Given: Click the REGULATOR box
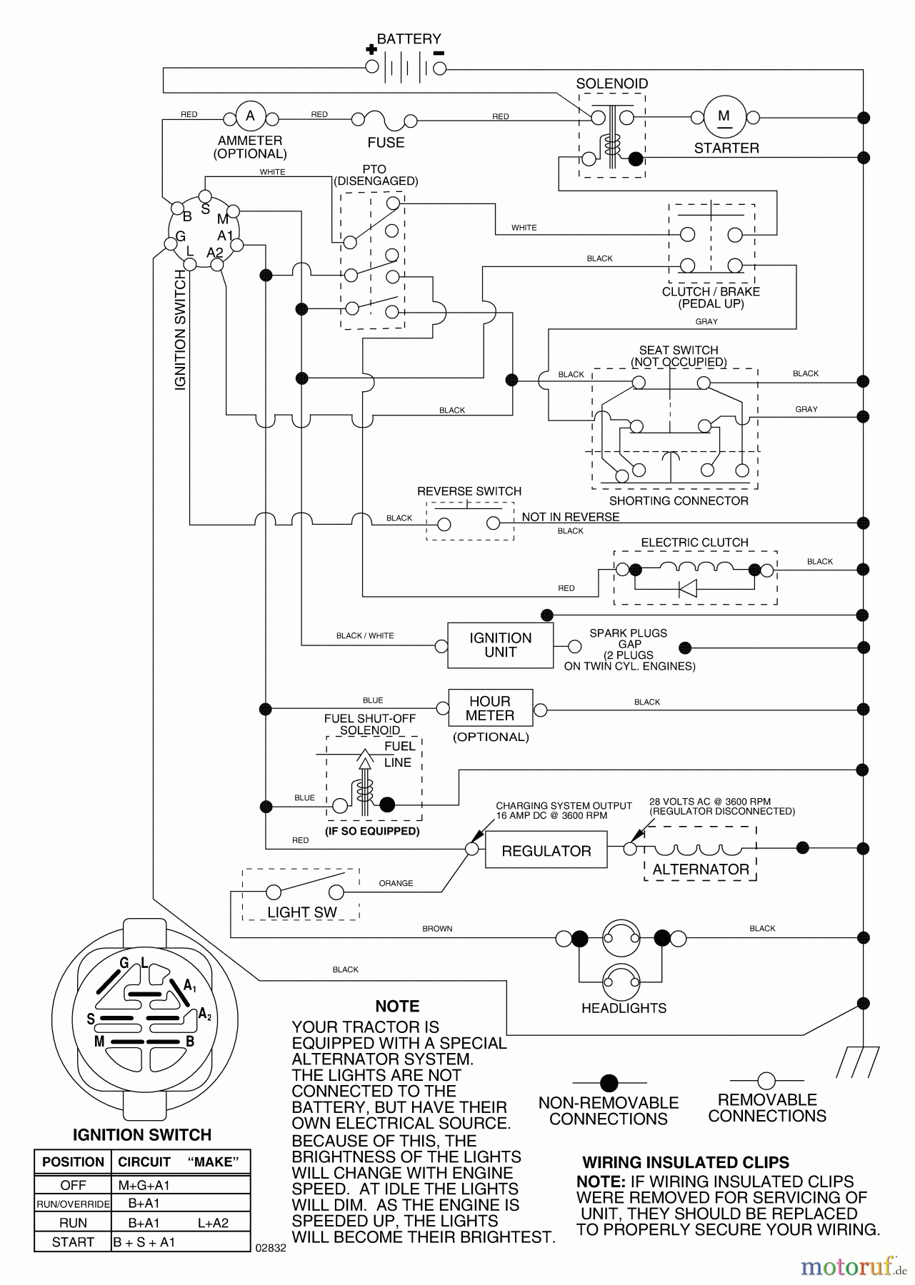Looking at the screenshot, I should (546, 851).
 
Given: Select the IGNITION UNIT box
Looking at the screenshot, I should (500, 645).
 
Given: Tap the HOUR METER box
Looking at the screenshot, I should (490, 708).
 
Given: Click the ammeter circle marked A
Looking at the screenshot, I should (250, 116).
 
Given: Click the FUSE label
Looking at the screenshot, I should (386, 143).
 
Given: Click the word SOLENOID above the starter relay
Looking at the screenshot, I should (612, 84).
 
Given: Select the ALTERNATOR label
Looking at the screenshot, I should (700, 870).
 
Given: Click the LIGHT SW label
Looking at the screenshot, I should (301, 912).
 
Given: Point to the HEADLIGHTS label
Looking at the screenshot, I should (624, 1008).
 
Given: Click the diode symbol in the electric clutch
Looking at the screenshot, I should (687, 588).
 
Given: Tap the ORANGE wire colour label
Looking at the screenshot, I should (396, 883).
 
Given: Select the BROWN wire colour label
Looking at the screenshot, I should (437, 929).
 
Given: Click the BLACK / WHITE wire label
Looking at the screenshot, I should (365, 635).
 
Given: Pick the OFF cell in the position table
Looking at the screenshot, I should (73, 1185).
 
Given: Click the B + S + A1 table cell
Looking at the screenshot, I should (144, 1242).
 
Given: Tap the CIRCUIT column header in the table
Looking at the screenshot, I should (144, 1162).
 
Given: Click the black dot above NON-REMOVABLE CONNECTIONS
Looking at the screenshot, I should (609, 1083).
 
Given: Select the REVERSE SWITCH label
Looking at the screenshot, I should (469, 491).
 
